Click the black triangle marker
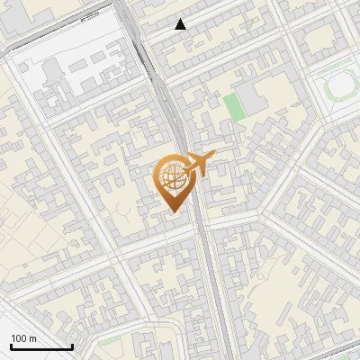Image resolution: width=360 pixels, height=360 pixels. coord(181,25)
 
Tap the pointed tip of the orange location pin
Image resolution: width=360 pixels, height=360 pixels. coord(172,211)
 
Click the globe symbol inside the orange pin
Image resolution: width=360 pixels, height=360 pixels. coord(170,176)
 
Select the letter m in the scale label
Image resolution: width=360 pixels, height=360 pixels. coord(32,338)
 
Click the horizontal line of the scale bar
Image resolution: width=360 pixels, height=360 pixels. coord(41,346)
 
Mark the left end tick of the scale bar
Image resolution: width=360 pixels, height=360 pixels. coord(11,345)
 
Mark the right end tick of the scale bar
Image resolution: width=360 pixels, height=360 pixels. coord(72,345)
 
